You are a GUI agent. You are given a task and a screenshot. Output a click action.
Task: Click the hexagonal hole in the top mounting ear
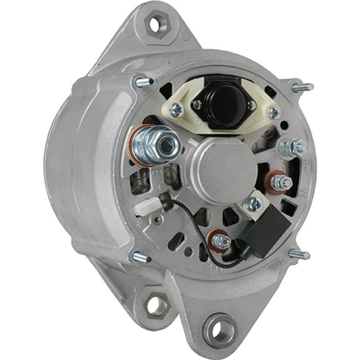[x=156, y=24]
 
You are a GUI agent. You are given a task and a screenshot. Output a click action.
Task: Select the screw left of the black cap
[x=177, y=110]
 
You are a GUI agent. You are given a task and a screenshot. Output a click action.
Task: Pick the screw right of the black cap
[x=273, y=112]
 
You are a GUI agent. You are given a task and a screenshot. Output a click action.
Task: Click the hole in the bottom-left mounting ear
[x=155, y=306]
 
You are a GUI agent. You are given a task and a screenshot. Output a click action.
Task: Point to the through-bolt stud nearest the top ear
[x=142, y=81]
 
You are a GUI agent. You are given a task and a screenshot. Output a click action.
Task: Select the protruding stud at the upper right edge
[x=302, y=87]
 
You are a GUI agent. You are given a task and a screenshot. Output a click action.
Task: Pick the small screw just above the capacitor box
[x=254, y=204]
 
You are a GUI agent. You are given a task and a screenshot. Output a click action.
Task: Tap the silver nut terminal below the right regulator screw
[x=292, y=147]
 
